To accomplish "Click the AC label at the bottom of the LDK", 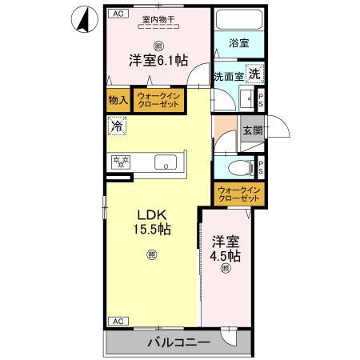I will pyautogui.click(x=117, y=321).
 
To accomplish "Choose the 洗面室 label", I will pyautogui.click(x=228, y=78).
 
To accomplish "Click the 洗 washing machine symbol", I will pyautogui.click(x=254, y=74).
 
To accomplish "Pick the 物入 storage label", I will pyautogui.click(x=118, y=101).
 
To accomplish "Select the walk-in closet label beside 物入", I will pyautogui.click(x=161, y=101).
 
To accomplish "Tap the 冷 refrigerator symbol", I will pyautogui.click(x=118, y=126).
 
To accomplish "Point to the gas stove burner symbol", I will pyautogui.click(x=120, y=162).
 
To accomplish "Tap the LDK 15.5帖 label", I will pyautogui.click(x=151, y=222).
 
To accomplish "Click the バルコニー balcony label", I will pyautogui.click(x=178, y=342).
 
